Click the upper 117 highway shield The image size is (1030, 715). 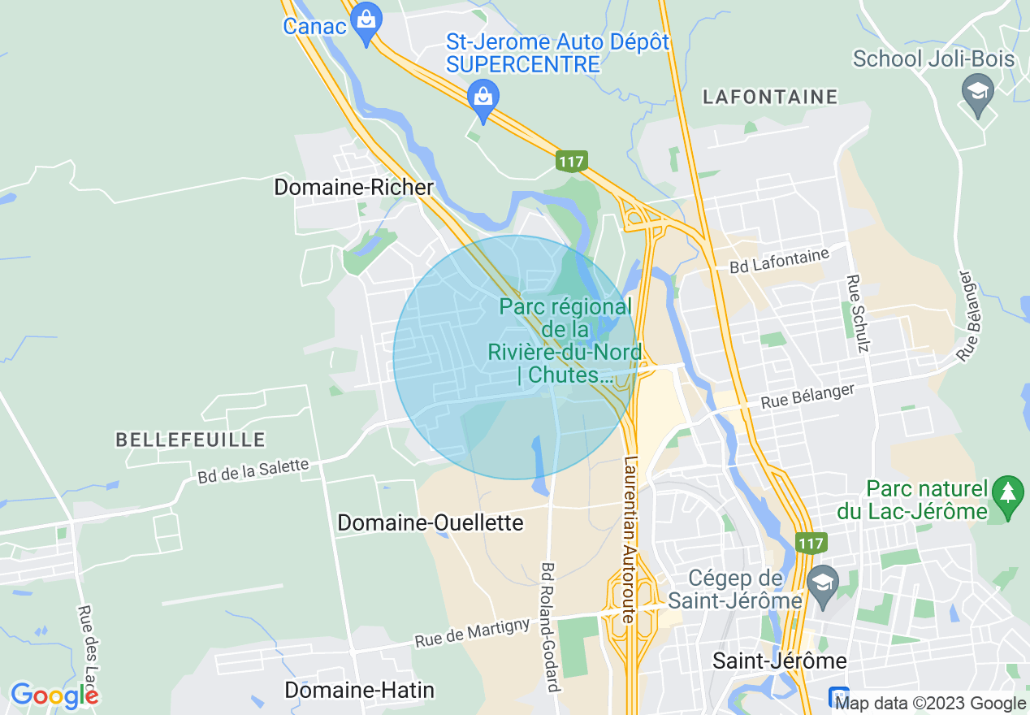[x=571, y=161]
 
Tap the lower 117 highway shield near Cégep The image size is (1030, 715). [x=811, y=543]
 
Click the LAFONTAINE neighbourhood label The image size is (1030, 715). [x=770, y=97]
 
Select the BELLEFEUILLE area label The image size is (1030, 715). [x=191, y=440]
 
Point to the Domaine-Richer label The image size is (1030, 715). [x=354, y=187]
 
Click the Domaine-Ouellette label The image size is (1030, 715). [x=431, y=522]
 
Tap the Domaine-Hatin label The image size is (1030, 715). [x=359, y=691]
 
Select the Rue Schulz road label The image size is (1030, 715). [x=858, y=314]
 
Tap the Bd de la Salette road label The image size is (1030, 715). [x=253, y=471]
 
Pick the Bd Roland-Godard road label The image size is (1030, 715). [x=550, y=626]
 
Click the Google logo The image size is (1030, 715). [x=54, y=695]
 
